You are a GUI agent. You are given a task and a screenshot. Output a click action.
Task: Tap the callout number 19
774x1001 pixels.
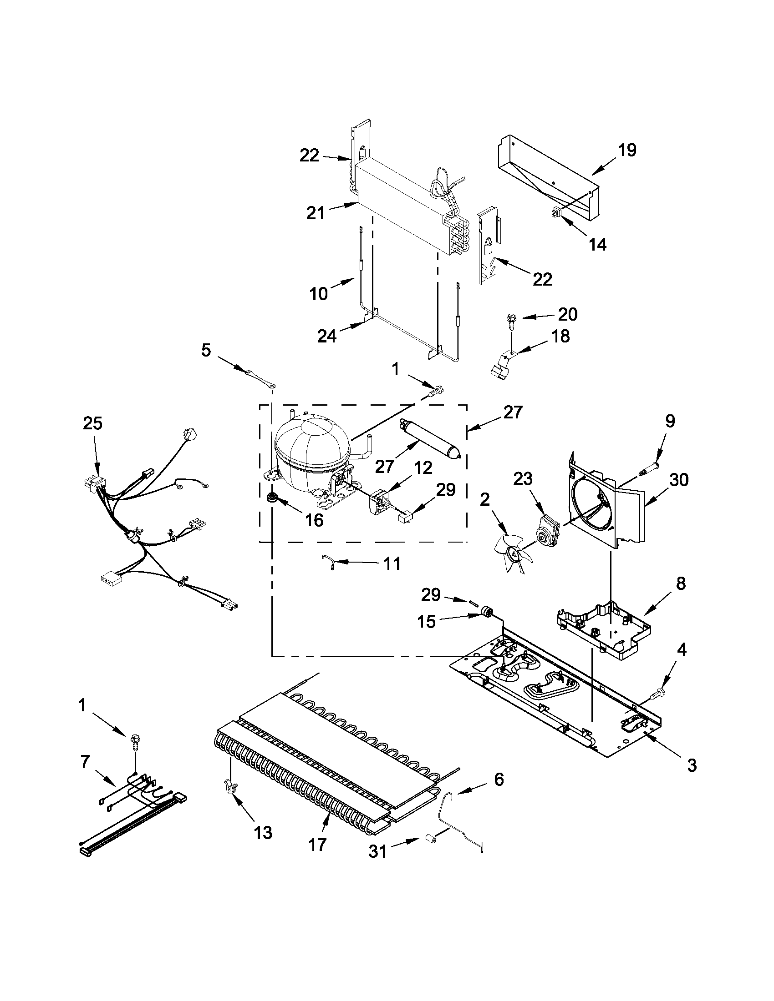[x=627, y=150]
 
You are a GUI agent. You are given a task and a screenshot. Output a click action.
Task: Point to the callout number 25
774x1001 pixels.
[x=92, y=423]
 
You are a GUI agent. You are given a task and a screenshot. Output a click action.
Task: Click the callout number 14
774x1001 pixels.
[x=597, y=244]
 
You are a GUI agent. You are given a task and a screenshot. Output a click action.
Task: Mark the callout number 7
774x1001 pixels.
[x=85, y=762]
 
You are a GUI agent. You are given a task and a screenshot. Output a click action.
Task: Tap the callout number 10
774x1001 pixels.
[x=318, y=293]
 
